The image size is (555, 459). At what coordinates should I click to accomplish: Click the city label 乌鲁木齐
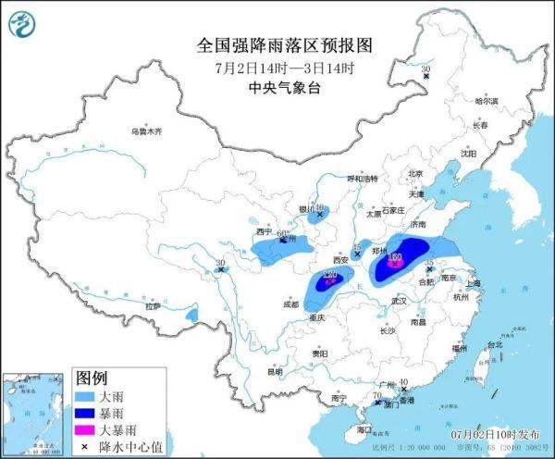[146, 131]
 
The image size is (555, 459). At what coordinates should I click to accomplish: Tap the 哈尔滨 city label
[487, 100]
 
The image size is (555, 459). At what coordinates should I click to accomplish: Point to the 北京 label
[414, 173]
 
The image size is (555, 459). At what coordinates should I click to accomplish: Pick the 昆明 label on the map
[275, 372]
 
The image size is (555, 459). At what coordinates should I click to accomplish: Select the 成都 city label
[291, 304]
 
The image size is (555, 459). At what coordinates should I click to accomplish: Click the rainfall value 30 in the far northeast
[426, 69]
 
